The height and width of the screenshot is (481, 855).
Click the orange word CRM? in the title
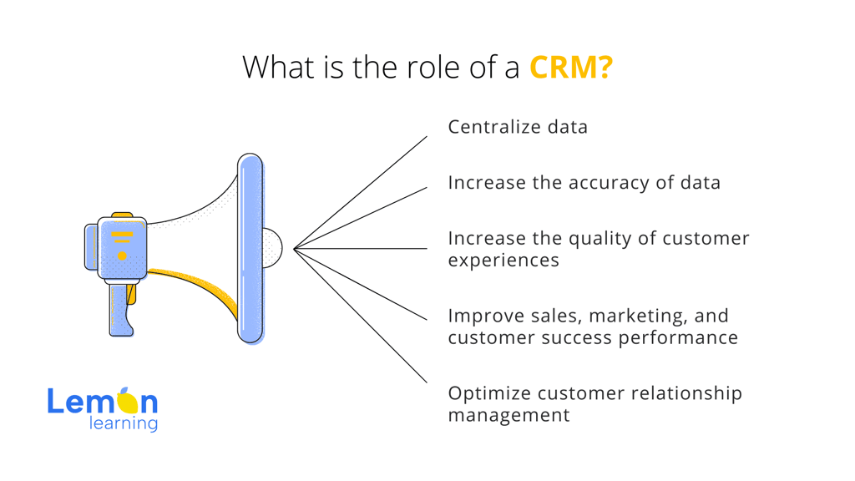coord(571,67)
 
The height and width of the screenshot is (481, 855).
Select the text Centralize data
coord(518,127)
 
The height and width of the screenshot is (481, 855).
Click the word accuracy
coord(609,183)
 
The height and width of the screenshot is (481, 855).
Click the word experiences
coord(503,261)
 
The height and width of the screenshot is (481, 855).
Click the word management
coord(508,416)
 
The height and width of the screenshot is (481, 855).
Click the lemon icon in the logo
coord(128,401)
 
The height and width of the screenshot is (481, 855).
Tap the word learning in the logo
coord(124,424)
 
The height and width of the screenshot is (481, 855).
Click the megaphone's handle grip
coord(120,309)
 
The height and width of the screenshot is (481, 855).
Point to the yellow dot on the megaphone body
coord(122,256)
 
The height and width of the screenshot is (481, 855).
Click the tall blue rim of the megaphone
coord(250,248)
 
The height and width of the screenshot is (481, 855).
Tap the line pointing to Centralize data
coord(361,193)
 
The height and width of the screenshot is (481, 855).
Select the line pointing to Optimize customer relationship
coord(361,316)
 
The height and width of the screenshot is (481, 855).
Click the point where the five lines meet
coord(295,249)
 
